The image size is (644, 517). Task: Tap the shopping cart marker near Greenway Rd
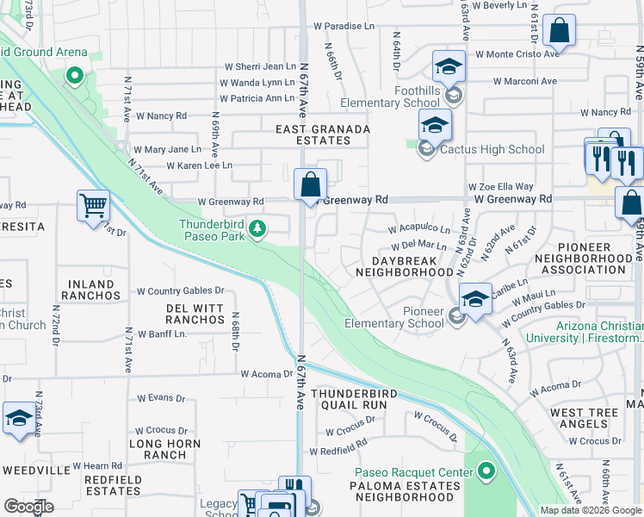pos(93,207)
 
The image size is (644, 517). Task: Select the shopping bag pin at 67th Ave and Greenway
pos(310,184)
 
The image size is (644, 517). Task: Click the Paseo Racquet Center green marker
pos(486,472)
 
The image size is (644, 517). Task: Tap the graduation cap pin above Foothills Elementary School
pos(449,66)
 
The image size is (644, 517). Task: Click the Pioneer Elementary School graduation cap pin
pos(475,299)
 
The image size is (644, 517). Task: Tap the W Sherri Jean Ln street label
pos(260,66)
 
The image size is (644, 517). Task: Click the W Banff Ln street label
pos(161,334)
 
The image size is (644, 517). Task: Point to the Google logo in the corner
pos(28,507)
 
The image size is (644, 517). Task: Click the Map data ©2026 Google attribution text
pos(591,510)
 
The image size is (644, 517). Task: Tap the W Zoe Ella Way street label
pos(501,186)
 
